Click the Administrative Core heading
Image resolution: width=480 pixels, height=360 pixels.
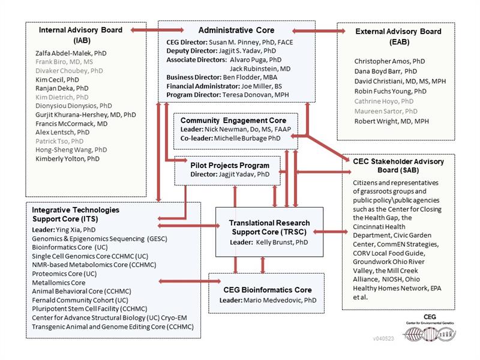(x=236, y=30)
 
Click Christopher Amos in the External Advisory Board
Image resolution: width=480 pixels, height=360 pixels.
(x=389, y=61)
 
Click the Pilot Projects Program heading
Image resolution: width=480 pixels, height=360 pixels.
(x=230, y=165)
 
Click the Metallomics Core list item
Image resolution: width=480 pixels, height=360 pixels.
(x=58, y=283)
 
